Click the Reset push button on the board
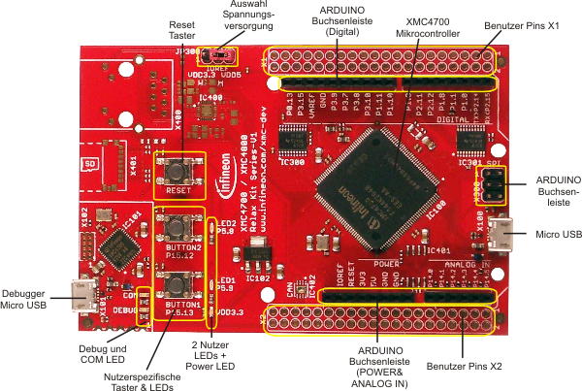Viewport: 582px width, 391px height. (178, 171)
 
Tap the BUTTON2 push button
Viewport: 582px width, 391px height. (178, 228)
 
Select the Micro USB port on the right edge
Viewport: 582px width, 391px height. (501, 234)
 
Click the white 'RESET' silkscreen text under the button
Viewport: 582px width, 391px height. (178, 191)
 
